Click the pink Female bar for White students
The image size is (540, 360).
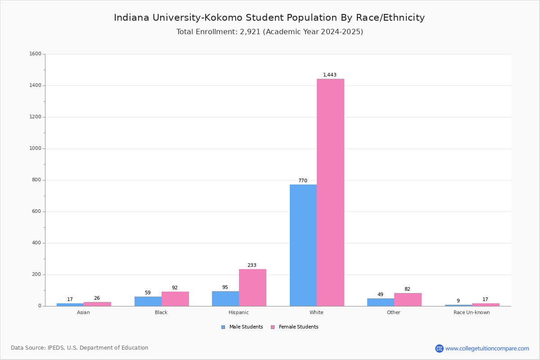330,193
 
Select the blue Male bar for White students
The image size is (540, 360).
303,245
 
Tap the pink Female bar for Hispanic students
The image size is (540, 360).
252,288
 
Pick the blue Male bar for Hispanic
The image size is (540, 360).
225,298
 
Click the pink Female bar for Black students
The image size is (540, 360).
175,299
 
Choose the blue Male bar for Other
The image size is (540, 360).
381,302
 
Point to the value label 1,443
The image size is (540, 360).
329,75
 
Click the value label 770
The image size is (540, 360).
303,180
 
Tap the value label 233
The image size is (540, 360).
252,265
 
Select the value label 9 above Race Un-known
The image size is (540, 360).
458,301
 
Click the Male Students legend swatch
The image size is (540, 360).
223,327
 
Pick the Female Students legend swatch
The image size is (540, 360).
273,327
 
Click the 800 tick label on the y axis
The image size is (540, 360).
36,180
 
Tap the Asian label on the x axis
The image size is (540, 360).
83,312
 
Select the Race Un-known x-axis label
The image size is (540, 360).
472,312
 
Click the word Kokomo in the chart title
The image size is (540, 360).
224,18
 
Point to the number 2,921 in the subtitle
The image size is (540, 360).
250,32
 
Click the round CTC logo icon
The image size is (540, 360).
439,348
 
